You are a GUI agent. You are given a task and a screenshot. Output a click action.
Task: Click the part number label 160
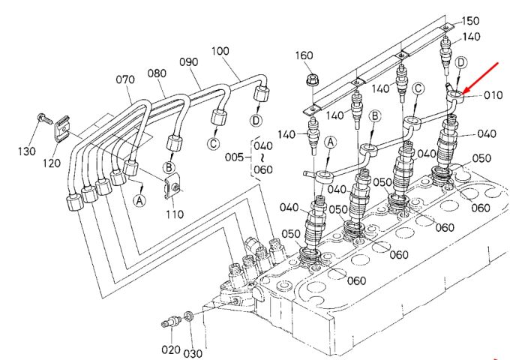304,55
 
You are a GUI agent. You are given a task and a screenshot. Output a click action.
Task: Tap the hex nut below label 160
312,81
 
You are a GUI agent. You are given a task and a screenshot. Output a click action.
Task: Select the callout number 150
470,21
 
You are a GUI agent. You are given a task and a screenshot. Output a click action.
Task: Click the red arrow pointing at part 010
481,78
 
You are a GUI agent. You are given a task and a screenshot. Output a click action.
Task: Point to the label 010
493,95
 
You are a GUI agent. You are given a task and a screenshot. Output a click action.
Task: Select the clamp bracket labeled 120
62,128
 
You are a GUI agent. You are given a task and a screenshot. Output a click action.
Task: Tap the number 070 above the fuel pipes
125,79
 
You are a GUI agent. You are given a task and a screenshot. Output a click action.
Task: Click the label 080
157,73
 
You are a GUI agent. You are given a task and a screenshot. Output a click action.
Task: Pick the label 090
189,62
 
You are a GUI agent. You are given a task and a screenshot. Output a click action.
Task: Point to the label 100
220,51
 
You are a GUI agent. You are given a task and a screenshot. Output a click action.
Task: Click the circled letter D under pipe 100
256,120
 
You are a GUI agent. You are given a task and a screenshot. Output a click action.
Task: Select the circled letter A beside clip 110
139,200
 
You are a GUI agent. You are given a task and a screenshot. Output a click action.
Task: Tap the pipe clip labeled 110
172,187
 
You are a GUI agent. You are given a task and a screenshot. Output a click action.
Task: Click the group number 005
234,157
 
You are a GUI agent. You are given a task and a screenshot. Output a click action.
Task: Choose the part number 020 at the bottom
171,350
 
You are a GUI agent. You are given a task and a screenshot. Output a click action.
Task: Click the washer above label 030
188,316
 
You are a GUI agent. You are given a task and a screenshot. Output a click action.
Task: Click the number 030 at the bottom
193,353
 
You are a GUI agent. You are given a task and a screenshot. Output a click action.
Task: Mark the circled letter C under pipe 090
213,143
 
